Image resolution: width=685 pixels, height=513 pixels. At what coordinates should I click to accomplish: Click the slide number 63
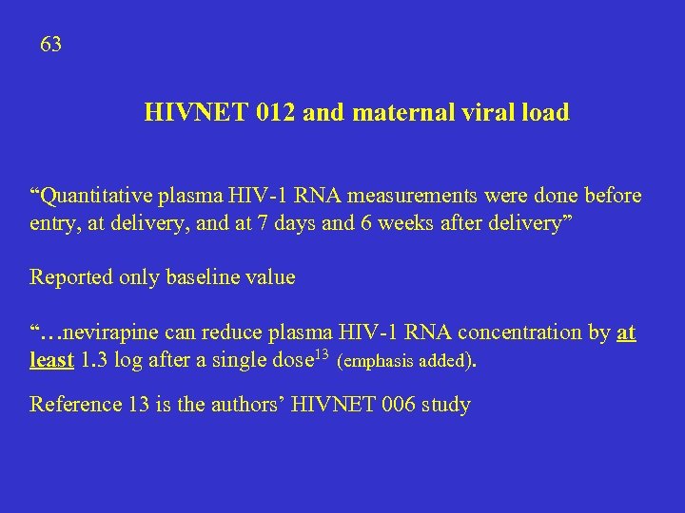[x=51, y=45]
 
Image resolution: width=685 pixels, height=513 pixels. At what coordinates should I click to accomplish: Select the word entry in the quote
[x=52, y=223]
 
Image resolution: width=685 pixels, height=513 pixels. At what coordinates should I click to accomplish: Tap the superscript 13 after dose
[x=321, y=355]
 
